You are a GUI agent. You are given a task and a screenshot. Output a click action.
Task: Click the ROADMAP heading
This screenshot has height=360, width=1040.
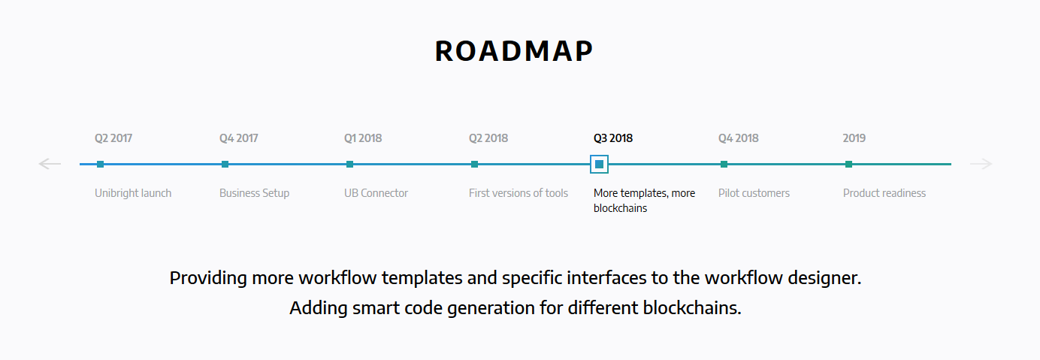coord(514,51)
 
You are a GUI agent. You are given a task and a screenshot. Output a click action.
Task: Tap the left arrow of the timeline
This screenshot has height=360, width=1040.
coord(50,164)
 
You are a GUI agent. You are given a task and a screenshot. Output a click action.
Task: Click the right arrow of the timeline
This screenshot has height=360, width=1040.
coord(981,164)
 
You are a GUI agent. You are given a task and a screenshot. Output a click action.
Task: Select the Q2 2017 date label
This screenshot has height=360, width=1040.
coord(113,138)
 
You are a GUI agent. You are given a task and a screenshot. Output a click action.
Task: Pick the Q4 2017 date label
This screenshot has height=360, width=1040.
coord(239,138)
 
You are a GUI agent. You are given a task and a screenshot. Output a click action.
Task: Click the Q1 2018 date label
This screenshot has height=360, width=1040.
coord(363,138)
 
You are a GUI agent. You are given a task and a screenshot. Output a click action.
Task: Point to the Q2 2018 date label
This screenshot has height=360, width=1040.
coord(488,138)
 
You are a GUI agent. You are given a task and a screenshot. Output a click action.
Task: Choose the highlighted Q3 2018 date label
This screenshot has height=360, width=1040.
coord(613,138)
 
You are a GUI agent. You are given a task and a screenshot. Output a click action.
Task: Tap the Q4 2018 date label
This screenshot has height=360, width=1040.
coord(738,138)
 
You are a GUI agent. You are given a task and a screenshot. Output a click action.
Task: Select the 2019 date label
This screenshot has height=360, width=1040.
coord(854,138)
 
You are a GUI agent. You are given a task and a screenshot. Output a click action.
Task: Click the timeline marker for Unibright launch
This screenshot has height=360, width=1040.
coord(100,164)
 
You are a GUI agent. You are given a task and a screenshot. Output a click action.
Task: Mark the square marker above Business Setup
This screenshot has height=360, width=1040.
coord(225,164)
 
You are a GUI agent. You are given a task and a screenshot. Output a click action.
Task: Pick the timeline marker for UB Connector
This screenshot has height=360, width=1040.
coord(350,164)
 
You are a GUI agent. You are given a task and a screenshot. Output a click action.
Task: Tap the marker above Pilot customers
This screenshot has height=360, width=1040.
coord(724,164)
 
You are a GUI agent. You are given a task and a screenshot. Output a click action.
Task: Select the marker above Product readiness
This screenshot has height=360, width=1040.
coord(848,164)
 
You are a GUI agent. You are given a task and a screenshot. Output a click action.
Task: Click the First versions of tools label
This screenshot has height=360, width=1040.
coord(518,193)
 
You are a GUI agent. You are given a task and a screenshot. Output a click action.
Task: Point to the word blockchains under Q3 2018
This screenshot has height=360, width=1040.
coord(620,209)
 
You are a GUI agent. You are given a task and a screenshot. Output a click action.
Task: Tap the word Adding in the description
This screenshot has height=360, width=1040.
coord(319,308)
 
